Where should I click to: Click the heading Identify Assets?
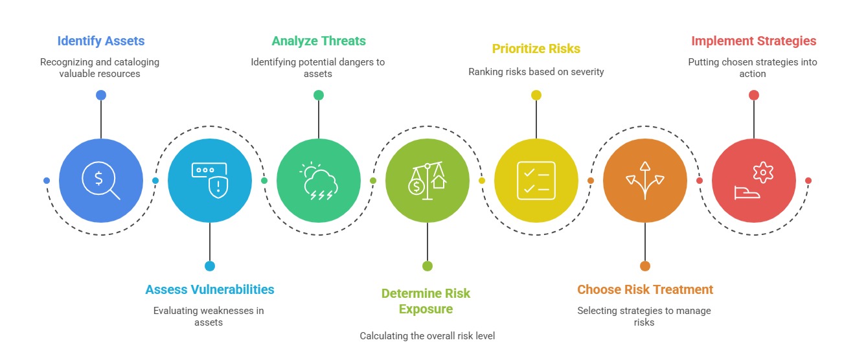(x=101, y=41)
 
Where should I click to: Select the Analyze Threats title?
(x=319, y=41)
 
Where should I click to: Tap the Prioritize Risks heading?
(x=536, y=49)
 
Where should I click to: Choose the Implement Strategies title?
(x=754, y=41)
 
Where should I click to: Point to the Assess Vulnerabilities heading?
(x=210, y=289)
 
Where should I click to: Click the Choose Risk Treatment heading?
(x=645, y=289)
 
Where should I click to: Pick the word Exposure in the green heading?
(x=426, y=309)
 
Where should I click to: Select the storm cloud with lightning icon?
(x=319, y=181)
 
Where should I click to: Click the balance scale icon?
(x=427, y=181)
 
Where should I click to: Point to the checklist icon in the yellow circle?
(x=536, y=181)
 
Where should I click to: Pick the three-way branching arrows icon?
(x=645, y=181)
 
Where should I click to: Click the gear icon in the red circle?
(x=763, y=172)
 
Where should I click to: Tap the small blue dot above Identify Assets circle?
(x=101, y=95)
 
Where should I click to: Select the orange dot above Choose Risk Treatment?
(x=645, y=266)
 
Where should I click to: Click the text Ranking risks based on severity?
(x=536, y=72)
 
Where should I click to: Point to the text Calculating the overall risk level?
(x=427, y=336)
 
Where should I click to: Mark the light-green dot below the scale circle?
(x=427, y=266)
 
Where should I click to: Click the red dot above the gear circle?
(x=754, y=95)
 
